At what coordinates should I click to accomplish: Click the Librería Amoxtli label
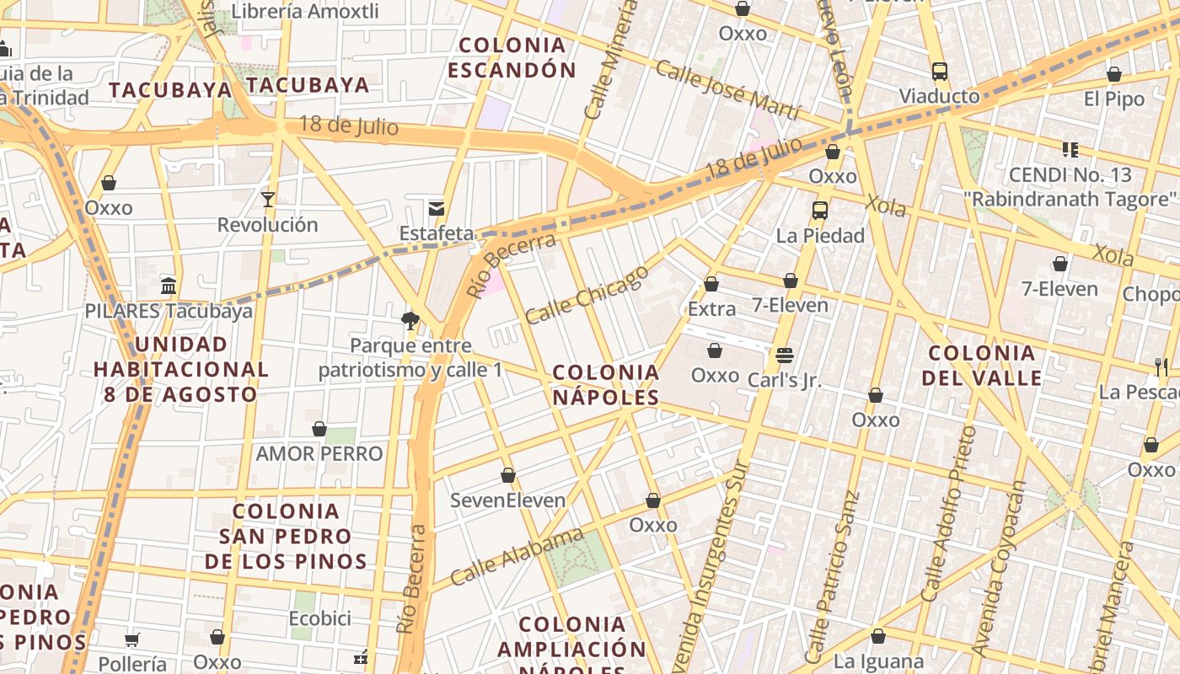[305, 12]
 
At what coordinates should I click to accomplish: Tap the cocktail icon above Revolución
[268, 200]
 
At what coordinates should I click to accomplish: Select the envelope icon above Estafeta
[437, 208]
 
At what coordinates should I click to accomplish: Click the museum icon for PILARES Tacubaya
[169, 286]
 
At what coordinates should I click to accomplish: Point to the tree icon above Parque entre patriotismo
[410, 319]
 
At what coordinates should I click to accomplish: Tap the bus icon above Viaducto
[940, 72]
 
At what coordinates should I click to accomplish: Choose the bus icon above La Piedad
[820, 211]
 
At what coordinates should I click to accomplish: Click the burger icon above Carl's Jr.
[785, 355]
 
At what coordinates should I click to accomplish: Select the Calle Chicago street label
[587, 294]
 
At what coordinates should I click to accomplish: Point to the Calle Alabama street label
[517, 557]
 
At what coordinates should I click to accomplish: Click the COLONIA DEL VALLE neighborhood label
[982, 365]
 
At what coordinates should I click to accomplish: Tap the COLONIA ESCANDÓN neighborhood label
[512, 57]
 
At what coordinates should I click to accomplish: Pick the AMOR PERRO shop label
[319, 454]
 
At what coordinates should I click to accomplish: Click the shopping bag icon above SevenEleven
[508, 476]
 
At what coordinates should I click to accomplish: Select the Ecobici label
[320, 618]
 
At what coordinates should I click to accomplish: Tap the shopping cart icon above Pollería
[131, 639]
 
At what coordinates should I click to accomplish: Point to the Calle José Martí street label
[727, 88]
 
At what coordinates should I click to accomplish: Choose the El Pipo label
[1114, 99]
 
